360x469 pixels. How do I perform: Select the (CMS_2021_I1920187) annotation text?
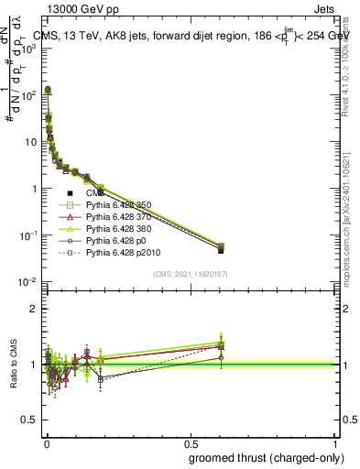tap(190, 274)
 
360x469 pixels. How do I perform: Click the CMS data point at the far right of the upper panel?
tap(221, 250)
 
